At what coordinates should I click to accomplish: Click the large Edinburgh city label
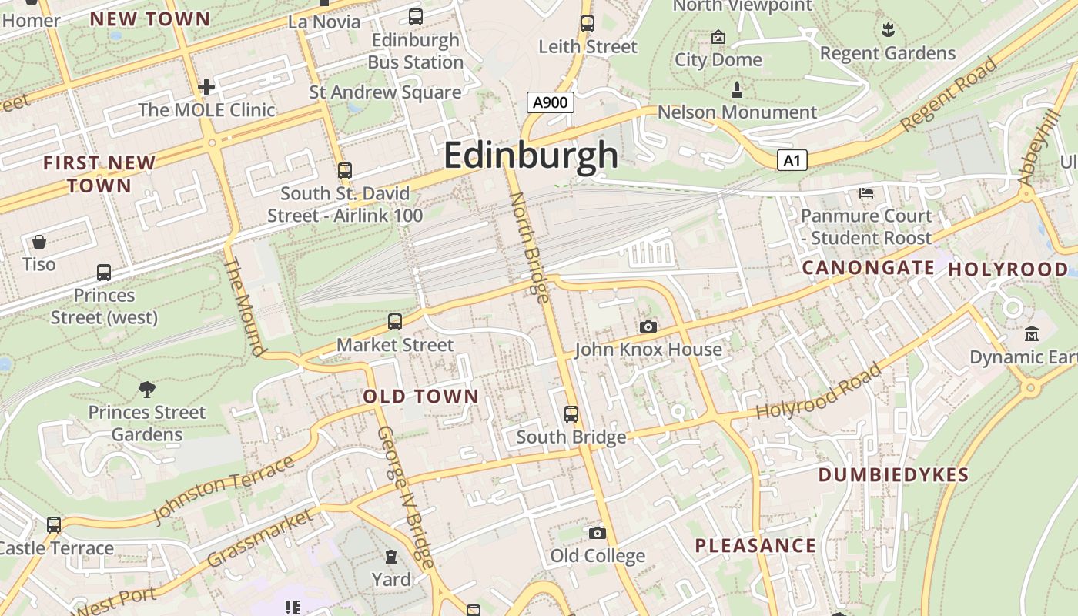click(x=531, y=156)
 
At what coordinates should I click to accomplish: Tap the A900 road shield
click(x=551, y=102)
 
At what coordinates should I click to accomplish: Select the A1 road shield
click(x=792, y=161)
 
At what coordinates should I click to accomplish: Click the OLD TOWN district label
click(x=420, y=397)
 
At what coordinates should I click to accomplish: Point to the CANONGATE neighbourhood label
click(x=868, y=268)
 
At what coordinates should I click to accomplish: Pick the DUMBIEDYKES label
click(x=893, y=474)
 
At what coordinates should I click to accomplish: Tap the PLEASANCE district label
click(x=755, y=546)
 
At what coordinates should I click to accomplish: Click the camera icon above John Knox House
click(x=648, y=326)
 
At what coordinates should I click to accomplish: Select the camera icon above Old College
click(x=597, y=533)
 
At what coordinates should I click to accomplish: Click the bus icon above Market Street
click(x=395, y=322)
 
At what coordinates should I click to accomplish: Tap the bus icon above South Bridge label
click(x=571, y=414)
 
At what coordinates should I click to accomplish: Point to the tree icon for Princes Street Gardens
click(x=146, y=389)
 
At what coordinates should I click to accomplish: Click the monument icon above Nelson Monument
click(x=737, y=90)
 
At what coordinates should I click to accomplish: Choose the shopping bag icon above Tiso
click(x=39, y=242)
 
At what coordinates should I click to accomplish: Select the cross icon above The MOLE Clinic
click(x=206, y=87)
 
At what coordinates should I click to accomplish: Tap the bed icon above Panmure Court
click(x=866, y=192)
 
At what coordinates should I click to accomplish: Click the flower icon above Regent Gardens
click(x=888, y=30)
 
